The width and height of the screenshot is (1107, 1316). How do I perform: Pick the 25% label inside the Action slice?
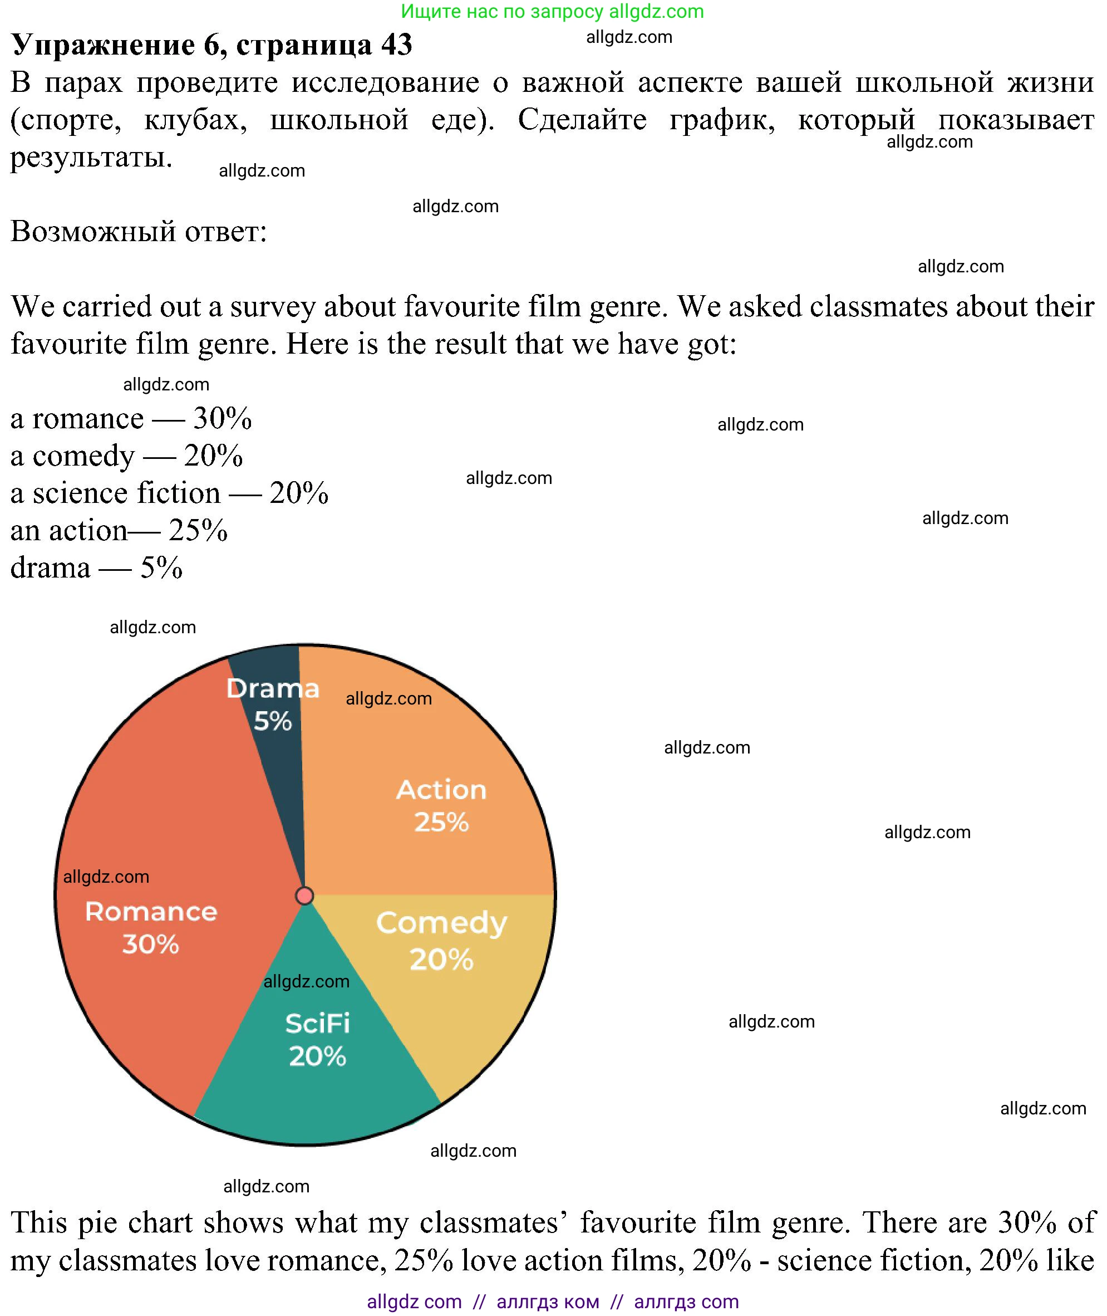441,822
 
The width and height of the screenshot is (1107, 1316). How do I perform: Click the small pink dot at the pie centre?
305,896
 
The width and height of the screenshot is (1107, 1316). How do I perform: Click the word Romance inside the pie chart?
151,912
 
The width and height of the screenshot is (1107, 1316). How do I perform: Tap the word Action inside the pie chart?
441,790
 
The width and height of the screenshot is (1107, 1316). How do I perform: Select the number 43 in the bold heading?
396,45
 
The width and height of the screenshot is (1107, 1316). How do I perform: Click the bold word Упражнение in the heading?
104,45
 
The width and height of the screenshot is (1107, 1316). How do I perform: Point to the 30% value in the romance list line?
222,418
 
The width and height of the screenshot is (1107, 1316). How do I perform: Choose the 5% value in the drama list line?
161,568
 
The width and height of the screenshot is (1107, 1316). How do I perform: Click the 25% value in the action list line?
198,531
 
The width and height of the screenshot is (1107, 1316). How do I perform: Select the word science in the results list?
73,493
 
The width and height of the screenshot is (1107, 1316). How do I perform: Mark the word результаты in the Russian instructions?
91,157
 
